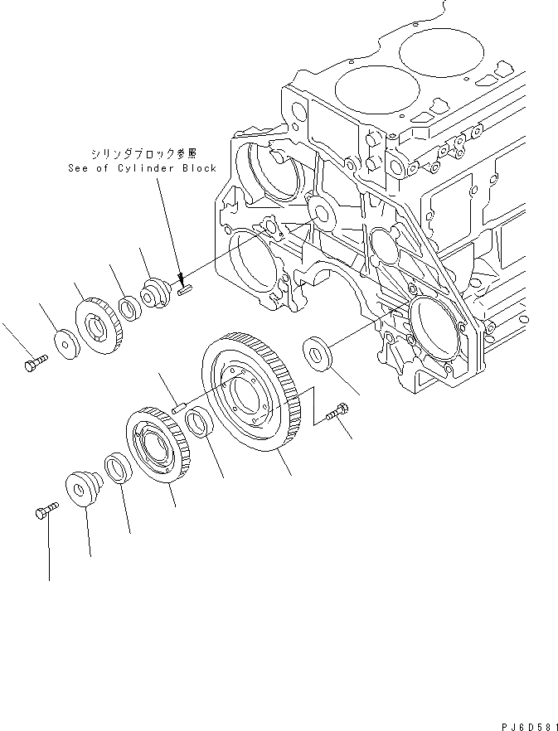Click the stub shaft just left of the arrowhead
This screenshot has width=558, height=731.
pos(156,293)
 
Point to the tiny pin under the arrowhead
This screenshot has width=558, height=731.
pos(185,288)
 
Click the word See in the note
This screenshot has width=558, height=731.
pos(79,167)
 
